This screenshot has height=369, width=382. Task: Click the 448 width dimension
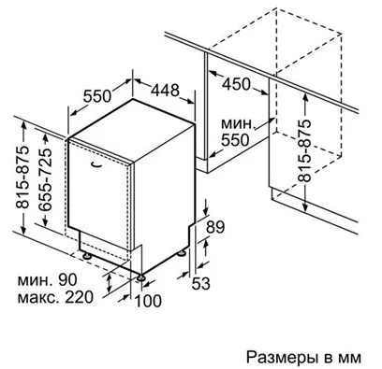[x=165, y=91]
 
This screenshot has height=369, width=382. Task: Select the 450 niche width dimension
[x=236, y=84]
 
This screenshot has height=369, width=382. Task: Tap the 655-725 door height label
[x=44, y=179]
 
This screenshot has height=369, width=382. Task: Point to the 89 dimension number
[x=215, y=227]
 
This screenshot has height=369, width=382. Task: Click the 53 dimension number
[x=200, y=283]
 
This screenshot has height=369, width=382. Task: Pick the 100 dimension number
[x=148, y=301]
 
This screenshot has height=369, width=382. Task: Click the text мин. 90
[x=47, y=280]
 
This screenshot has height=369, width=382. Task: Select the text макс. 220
[x=55, y=297]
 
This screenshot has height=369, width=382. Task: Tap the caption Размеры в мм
[x=303, y=357]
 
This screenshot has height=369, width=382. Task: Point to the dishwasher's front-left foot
[x=86, y=256]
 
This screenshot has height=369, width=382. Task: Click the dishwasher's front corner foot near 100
[x=141, y=277]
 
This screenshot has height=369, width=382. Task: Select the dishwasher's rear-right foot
[x=181, y=254]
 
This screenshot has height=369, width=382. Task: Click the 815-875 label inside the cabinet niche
[x=304, y=151]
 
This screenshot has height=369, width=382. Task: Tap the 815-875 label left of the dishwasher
[x=22, y=177]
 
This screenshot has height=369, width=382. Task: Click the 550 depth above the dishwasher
[x=97, y=96]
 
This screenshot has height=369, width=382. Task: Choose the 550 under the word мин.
[x=235, y=140]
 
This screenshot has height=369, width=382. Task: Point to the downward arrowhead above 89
[x=206, y=211]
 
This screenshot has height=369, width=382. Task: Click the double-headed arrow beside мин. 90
[x=109, y=282]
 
